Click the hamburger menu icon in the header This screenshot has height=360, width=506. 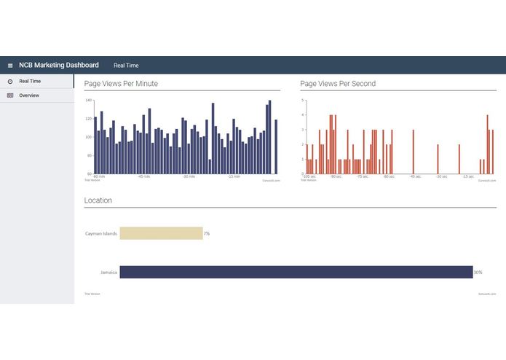pyautogui.click(x=10, y=66)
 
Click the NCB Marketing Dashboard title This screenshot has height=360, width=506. pyautogui.click(x=58, y=66)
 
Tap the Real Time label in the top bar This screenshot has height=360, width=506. pyautogui.click(x=126, y=66)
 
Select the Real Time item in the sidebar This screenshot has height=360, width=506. pyautogui.click(x=30, y=81)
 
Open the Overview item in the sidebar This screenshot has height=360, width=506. pyautogui.click(x=29, y=95)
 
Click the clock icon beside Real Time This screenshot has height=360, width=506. pyautogui.click(x=10, y=81)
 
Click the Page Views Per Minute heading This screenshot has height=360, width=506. pyautogui.click(x=121, y=84)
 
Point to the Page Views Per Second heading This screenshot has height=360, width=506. pyautogui.click(x=338, y=84)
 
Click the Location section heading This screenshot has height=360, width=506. pyautogui.click(x=98, y=200)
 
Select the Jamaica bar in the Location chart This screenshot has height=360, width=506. pyautogui.click(x=296, y=272)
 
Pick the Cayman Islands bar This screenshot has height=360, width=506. pyautogui.click(x=161, y=233)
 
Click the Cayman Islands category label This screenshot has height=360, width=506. pyautogui.click(x=100, y=234)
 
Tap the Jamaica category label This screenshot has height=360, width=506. pyautogui.click(x=108, y=273)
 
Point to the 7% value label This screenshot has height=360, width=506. pyautogui.click(x=207, y=234)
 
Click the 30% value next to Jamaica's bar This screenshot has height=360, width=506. pyautogui.click(x=478, y=273)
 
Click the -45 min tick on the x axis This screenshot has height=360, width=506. pyautogui.click(x=145, y=176)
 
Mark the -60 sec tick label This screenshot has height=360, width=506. pyautogui.click(x=388, y=176)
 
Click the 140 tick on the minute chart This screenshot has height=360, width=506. pyautogui.click(x=89, y=101)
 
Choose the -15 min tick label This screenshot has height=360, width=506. pyautogui.click(x=234, y=176)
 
